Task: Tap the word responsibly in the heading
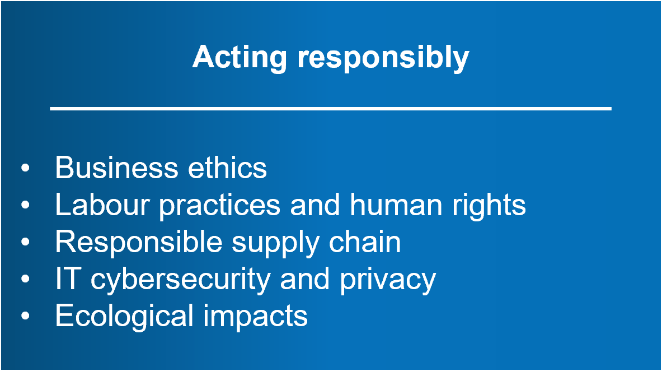pos(383,58)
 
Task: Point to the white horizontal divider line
pos(331,109)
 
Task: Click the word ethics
pos(228,168)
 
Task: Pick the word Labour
pos(102,205)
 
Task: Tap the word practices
pos(219,206)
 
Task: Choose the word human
pos(396,205)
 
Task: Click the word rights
pos(489,206)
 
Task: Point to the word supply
pos(275,244)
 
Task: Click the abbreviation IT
pos(68,279)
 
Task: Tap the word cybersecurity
pos(180,281)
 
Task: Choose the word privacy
pos(388,281)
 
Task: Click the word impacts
pos(255,318)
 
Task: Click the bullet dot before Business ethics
pos(25,168)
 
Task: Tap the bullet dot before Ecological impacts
pos(25,316)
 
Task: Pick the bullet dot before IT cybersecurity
pos(25,279)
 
